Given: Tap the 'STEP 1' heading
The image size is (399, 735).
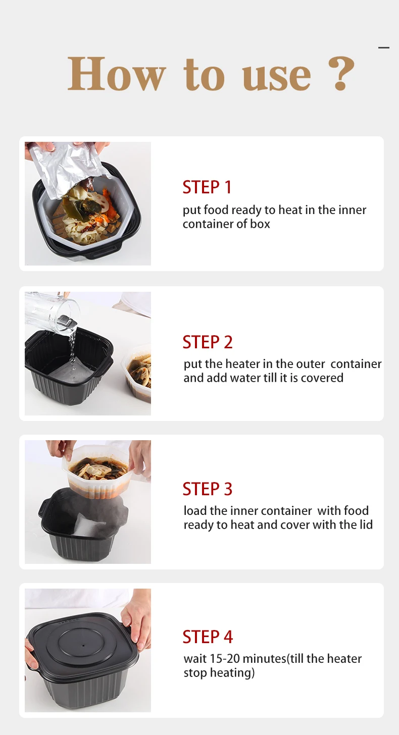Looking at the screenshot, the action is coord(207,187).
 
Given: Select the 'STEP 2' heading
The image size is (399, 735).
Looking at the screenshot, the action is coord(208,342).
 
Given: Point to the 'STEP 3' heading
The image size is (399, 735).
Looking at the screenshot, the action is coord(208,489).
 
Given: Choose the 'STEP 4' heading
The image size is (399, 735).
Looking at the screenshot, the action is coord(208,637).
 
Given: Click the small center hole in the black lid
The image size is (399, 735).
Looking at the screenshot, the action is coord(83,646).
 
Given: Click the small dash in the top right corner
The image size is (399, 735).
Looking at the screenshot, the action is coord(384,47).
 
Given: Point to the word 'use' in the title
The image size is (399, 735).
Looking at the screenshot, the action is coord(276,77).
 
